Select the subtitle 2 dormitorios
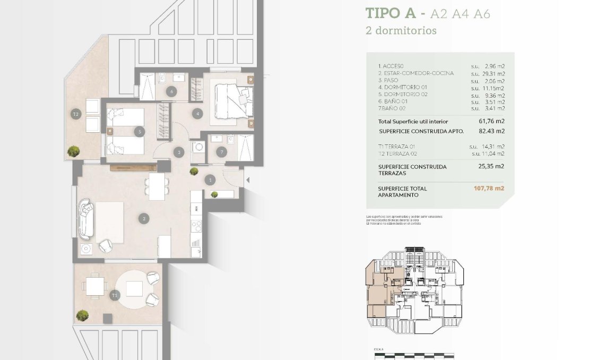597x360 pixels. point(401,31)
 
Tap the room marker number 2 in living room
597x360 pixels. point(143,218)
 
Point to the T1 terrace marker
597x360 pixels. point(114,295)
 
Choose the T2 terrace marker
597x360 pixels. point(76,114)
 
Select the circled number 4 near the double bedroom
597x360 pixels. point(197,113)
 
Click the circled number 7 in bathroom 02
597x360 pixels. point(221,152)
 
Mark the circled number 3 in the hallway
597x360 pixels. point(179,152)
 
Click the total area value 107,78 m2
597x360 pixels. point(489,188)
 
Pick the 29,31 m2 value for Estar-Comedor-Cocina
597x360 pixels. point(493,73)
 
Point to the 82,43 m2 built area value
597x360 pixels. point(491,131)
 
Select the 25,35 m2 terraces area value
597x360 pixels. point(491,166)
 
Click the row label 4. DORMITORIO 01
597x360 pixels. point(402,87)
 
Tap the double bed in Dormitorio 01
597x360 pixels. point(233,100)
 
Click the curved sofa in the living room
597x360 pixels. point(86,219)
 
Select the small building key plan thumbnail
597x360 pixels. point(414,289)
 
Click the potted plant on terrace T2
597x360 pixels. point(73,151)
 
